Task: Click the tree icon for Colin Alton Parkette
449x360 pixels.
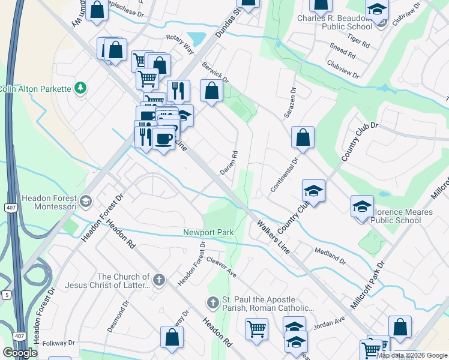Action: tap(80, 89)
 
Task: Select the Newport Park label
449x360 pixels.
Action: tap(208, 232)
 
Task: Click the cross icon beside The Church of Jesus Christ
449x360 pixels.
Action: tap(158, 280)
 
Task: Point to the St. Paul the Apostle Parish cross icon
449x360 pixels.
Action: tap(211, 303)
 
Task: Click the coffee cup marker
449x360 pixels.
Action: tap(163, 139)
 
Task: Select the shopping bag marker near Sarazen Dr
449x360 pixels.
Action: tap(303, 137)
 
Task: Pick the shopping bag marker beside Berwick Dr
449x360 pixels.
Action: tap(211, 91)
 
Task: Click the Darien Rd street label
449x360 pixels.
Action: tap(229, 162)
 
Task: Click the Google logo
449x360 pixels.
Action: tap(20, 353)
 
